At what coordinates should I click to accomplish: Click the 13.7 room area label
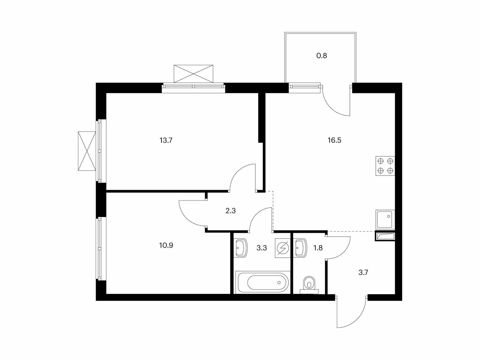coord(166,140)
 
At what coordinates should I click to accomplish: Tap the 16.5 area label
coord(334,140)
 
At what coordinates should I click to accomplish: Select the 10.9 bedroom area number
coord(166,245)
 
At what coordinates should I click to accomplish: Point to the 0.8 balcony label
coord(322,56)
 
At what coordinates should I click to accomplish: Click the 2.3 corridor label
coord(230,211)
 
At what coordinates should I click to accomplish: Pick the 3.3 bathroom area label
coord(262,248)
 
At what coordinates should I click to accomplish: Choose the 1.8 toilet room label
coord(318,248)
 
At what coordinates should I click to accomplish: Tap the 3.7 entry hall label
coord(363,272)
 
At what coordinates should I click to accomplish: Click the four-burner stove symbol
coord(385,166)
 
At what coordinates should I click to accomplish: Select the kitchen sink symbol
coord(385,219)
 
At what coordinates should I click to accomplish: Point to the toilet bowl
coord(309,285)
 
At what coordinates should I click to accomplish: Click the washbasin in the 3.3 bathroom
coord(241,248)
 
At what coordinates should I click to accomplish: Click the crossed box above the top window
coord(193,74)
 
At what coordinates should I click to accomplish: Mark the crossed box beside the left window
coord(87,151)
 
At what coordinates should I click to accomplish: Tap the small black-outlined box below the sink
coord(385,236)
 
